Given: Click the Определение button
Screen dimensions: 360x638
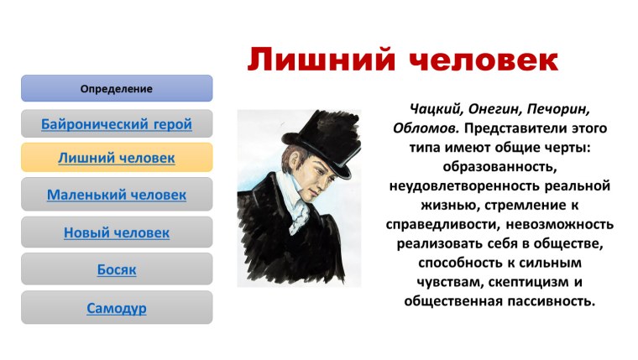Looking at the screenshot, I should (x=116, y=88).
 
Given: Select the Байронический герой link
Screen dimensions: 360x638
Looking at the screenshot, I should (x=116, y=124).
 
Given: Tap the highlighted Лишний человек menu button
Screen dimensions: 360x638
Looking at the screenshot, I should (x=116, y=158).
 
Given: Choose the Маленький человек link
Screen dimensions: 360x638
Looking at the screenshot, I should (x=116, y=196).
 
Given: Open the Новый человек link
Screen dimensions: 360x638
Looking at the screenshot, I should (x=116, y=232).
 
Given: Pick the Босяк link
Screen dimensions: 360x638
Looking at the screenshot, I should (x=116, y=269).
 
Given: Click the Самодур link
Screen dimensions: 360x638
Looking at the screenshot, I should (x=116, y=308).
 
